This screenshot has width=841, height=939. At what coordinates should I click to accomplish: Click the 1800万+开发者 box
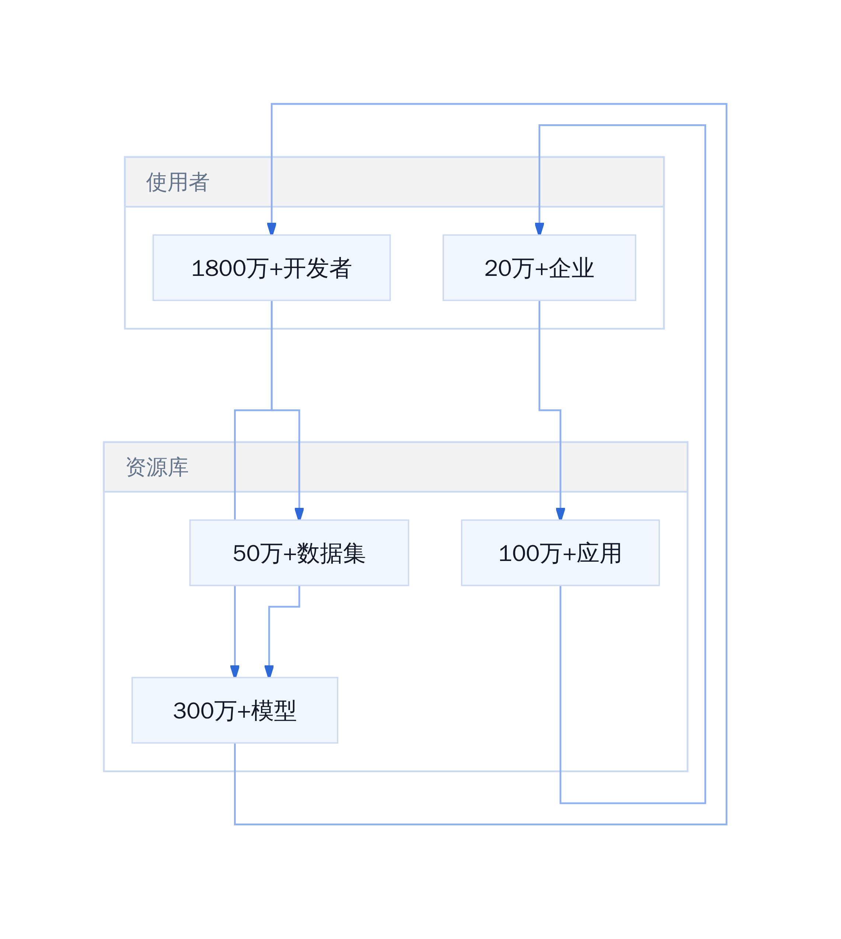(x=272, y=268)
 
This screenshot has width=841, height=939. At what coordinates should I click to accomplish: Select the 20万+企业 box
(x=539, y=268)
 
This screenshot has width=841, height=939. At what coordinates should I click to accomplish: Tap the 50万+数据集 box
(x=299, y=553)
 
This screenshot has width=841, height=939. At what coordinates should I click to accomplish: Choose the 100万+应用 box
(x=561, y=553)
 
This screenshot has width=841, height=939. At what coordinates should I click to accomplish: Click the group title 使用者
(x=178, y=182)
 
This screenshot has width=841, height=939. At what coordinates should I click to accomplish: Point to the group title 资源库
(x=157, y=467)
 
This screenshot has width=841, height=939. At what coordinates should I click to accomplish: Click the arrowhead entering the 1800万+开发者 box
(x=272, y=229)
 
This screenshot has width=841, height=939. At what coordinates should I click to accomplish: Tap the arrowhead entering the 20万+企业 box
(x=539, y=229)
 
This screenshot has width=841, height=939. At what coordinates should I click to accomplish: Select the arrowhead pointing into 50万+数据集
(x=299, y=514)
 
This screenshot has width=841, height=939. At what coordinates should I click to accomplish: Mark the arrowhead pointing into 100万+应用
(x=561, y=514)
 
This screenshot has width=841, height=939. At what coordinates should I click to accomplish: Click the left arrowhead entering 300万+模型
(x=235, y=672)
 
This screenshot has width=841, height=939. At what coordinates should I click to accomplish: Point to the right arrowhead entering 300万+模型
(x=269, y=672)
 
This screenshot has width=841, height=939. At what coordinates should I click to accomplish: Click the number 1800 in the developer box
(x=219, y=268)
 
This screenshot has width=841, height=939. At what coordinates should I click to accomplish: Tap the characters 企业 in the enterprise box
(x=571, y=268)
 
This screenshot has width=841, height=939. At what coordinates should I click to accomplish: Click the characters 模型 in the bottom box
(x=273, y=711)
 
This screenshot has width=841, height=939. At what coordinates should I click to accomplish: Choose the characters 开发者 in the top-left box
(x=317, y=268)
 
